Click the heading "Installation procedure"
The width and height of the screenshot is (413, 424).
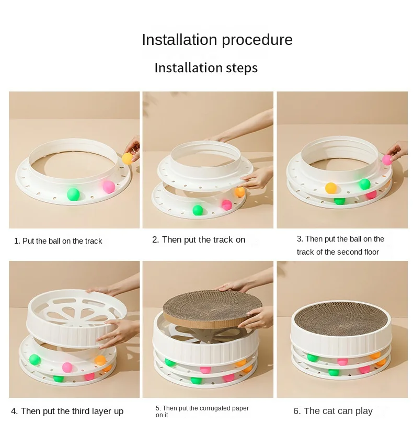point(217,40)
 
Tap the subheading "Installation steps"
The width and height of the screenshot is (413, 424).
point(206,67)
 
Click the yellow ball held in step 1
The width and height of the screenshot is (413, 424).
point(128,158)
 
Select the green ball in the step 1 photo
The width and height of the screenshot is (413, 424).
point(73,194)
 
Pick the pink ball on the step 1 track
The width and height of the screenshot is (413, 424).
point(109,187)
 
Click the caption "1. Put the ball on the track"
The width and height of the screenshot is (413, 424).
point(58,241)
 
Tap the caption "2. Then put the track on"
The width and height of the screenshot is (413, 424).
point(199,239)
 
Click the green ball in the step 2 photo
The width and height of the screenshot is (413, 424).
point(198,210)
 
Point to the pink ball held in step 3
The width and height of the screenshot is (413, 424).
point(387,160)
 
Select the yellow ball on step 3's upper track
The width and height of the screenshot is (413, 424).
point(331,188)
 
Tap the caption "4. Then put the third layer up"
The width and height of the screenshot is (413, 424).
point(67,411)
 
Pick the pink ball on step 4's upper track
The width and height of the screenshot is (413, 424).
point(67,368)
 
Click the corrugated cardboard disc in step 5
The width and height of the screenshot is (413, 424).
point(213,308)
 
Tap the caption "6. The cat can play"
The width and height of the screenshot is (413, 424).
point(333,411)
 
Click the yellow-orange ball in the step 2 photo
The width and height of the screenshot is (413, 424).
point(239,192)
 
